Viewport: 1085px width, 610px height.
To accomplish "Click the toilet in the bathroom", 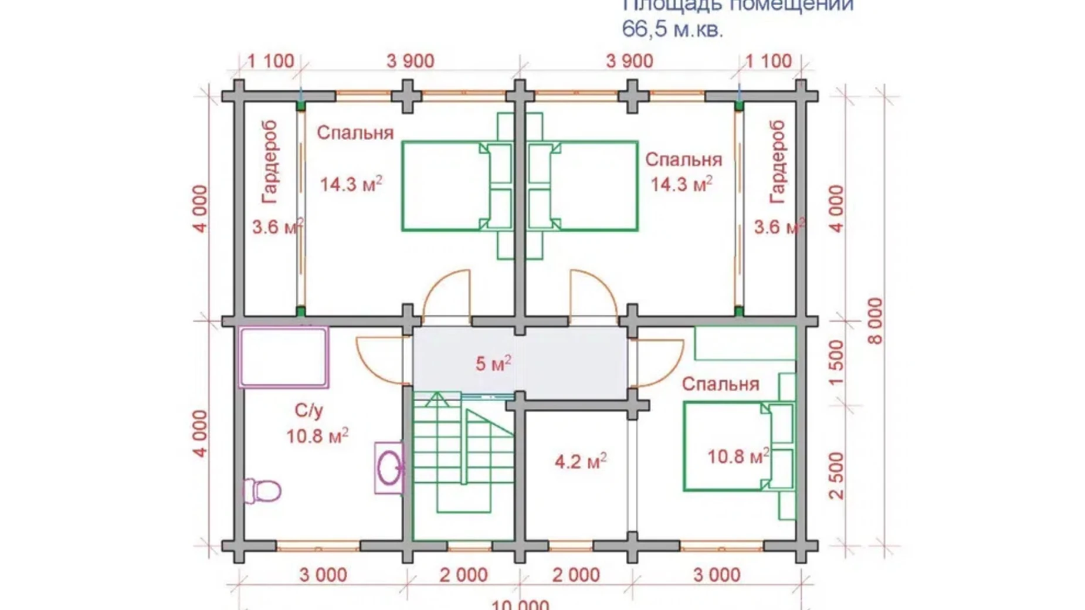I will point(262,490).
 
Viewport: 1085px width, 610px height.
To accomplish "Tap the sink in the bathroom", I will point(389,468).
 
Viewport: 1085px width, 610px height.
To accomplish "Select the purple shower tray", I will point(283,357).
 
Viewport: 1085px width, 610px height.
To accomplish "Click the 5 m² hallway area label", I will point(493,364).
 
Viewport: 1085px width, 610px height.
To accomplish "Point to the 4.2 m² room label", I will point(580,462).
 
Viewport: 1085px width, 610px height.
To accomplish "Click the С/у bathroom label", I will point(308,411).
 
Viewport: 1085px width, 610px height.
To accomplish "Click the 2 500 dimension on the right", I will point(837,475).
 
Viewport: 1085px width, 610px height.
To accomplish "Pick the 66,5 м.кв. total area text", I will point(672,29).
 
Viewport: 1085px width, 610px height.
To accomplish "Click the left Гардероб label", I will point(270,162).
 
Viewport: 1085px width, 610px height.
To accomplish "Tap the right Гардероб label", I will point(777,162).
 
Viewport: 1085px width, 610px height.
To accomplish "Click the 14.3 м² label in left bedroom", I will point(351,184).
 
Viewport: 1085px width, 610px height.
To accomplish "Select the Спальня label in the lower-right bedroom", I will point(720,384).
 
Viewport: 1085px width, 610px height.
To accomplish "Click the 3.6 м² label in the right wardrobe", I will point(778,227).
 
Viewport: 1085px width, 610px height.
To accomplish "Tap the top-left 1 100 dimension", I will point(270,61).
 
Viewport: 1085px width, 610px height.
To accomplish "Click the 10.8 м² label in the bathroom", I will point(317,436).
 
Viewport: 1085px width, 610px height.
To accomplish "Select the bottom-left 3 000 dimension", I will point(323,575).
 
